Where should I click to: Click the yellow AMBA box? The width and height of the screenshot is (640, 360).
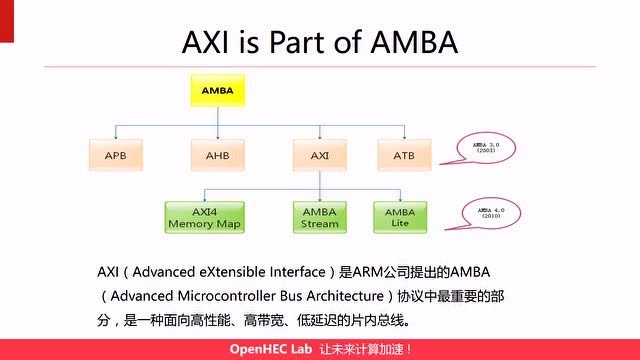point(218,90)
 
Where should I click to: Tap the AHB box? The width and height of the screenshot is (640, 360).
point(218,155)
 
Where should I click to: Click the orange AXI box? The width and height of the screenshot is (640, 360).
point(319,155)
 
